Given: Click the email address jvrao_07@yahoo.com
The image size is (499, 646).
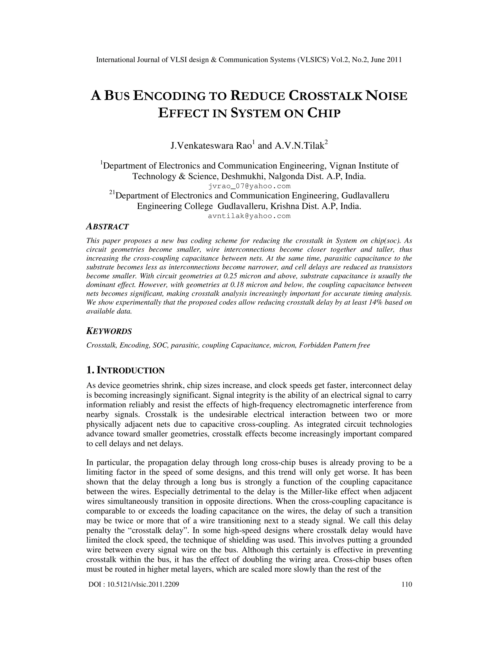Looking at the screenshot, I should pyautogui.click(x=249, y=186).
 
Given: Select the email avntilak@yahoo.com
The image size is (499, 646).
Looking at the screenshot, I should pyautogui.click(x=249, y=216).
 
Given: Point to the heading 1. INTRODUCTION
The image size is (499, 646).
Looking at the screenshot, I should pyautogui.click(x=125, y=370).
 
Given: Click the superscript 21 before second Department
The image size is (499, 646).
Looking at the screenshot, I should pyautogui.click(x=112, y=193).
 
